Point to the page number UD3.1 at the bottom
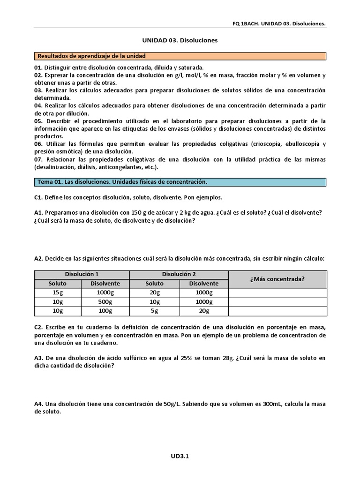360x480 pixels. point(180,456)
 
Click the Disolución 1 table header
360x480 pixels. point(82,274)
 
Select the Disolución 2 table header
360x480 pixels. point(179,274)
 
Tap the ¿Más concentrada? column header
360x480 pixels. point(277,279)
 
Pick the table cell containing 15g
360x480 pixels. point(58,293)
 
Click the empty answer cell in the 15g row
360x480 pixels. point(277,293)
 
